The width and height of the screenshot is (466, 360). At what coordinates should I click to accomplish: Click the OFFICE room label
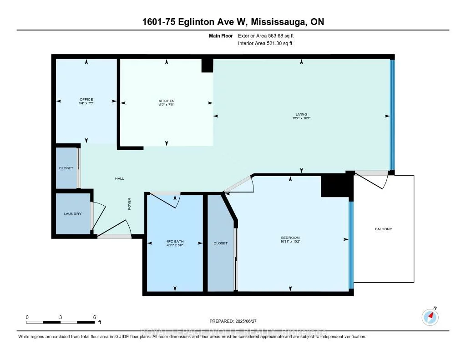tap(86, 100)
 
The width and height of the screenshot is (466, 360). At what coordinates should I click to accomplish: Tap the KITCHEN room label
tap(167, 101)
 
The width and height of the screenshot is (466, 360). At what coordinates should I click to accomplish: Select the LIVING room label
tap(301, 114)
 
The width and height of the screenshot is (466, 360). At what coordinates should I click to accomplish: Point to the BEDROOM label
tap(290, 238)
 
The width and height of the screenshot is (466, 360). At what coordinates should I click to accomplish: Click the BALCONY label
tap(383, 229)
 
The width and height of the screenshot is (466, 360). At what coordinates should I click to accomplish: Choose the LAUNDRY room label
tap(73, 214)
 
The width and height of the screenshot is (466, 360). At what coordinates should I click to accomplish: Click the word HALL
tap(119, 179)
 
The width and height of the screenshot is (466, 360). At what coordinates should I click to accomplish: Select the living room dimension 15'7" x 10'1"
tap(301, 118)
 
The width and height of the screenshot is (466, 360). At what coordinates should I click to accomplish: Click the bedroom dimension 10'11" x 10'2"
tap(290, 242)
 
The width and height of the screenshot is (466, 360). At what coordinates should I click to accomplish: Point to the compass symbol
tap(430, 317)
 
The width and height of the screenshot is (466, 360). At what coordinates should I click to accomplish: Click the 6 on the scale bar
tap(94, 317)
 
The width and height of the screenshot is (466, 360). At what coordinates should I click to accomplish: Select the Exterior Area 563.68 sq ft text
tap(269, 35)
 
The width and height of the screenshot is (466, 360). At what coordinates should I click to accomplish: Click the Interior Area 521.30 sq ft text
tap(265, 44)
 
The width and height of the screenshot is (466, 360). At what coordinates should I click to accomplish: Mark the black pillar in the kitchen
tap(207, 66)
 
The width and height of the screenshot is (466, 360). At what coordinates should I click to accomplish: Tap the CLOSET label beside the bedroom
tap(220, 243)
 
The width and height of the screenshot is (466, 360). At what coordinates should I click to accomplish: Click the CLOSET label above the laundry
tap(66, 168)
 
